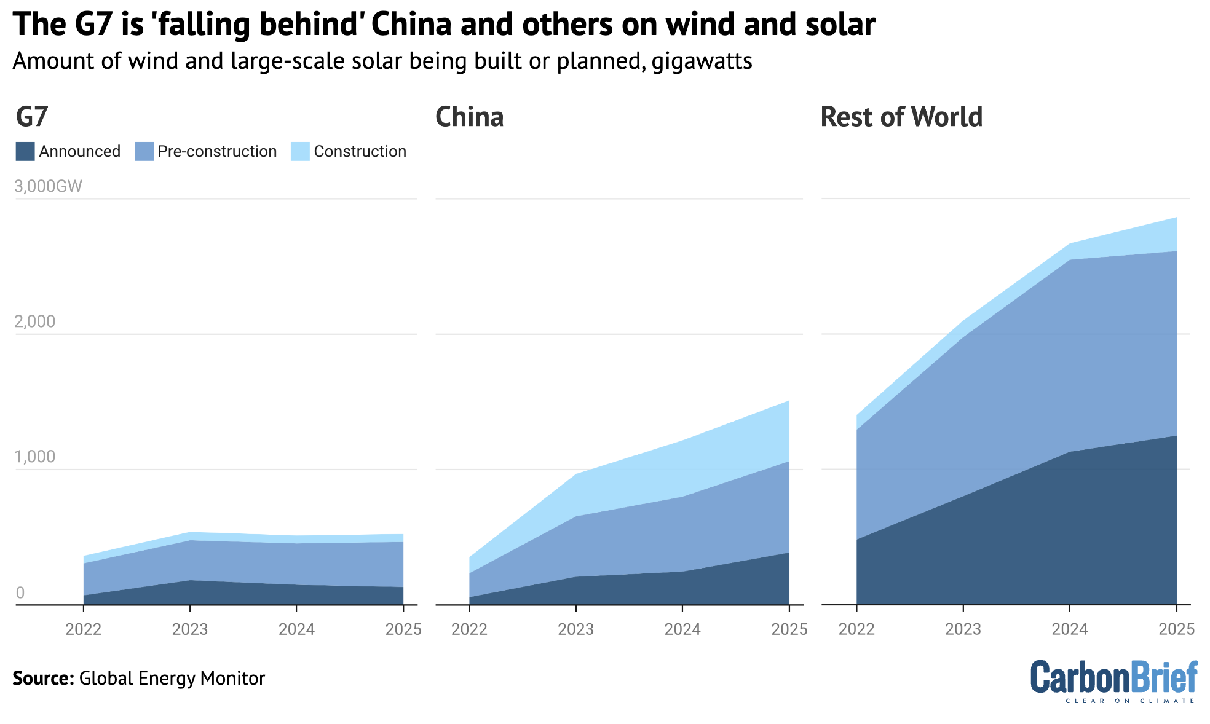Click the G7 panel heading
pos(32,117)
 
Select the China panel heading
pos(469,117)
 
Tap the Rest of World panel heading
pos(901,117)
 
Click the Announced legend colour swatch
pos(25,152)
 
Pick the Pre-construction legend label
pos(217,152)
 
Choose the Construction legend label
pos(360,152)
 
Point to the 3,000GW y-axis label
pos(48,186)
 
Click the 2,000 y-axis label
pos(34,321)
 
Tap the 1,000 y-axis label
pos(34,457)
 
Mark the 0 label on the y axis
pos(20,592)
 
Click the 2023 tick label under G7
pos(190,629)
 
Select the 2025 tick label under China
pos(789,629)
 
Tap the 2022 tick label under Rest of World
pos(856,629)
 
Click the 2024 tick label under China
pos(682,629)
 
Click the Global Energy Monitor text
pos(172,679)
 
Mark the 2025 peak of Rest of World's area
pos(1176,218)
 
